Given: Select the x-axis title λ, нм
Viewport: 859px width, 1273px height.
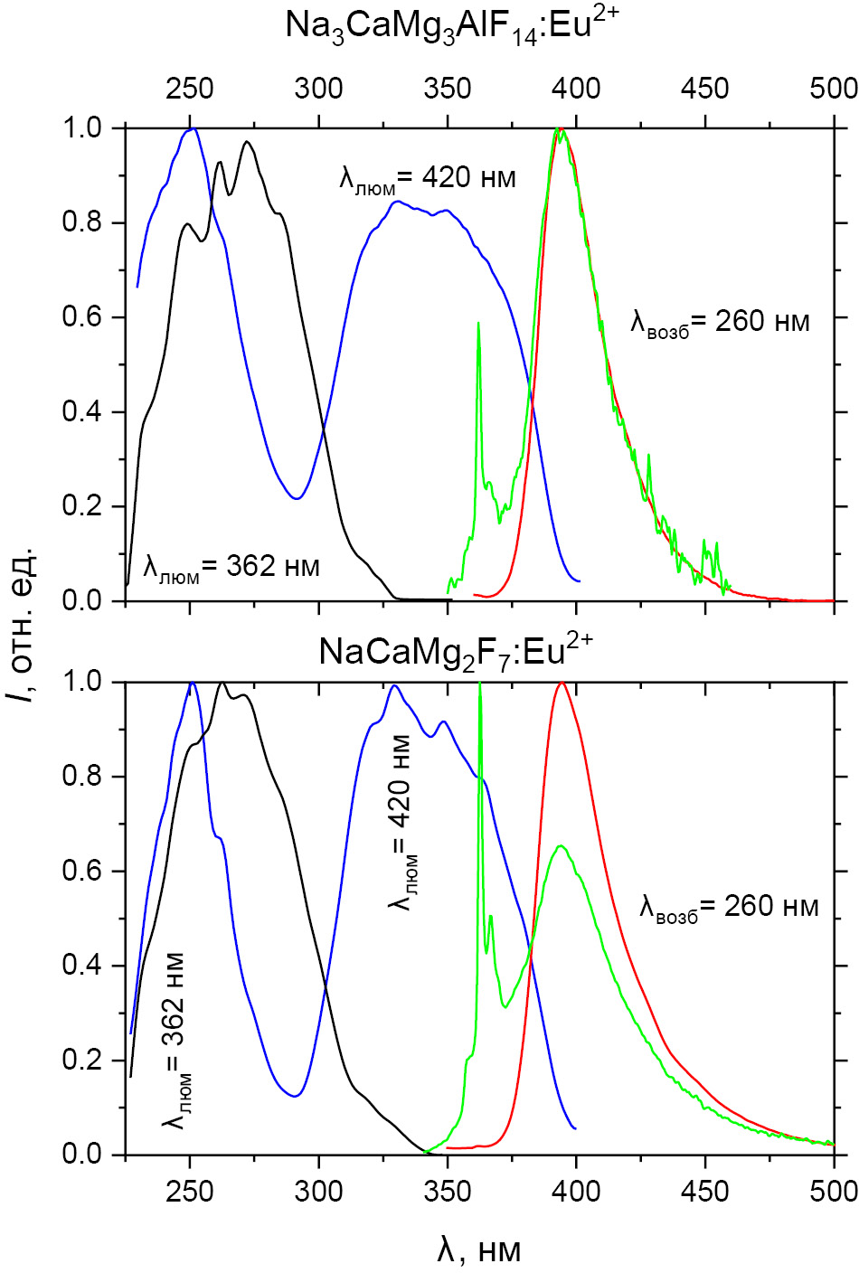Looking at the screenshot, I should tap(479, 1249).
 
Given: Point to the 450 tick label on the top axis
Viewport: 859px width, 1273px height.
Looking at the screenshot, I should tap(703, 89).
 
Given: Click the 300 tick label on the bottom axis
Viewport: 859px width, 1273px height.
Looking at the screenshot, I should tap(318, 1190).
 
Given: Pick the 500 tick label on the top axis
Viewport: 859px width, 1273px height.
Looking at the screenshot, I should tap(832, 89).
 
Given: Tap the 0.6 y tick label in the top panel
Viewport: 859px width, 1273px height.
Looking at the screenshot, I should tap(83, 317).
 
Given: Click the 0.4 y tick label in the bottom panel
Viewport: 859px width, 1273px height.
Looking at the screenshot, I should tap(83, 966).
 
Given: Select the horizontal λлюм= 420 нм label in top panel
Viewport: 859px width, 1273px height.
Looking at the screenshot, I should tap(427, 178).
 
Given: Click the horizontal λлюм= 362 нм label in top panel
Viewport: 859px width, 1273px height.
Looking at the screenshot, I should tap(231, 568).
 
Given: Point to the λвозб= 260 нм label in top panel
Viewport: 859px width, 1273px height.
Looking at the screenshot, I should tap(719, 322).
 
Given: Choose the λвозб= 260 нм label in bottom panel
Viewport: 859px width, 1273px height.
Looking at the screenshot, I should tap(728, 907).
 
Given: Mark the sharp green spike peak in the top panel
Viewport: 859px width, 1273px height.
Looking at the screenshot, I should tap(478, 323).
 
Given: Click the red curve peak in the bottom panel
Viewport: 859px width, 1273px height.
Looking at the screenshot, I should tap(562, 683).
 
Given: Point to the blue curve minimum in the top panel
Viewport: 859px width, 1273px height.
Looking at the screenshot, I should tap(297, 497).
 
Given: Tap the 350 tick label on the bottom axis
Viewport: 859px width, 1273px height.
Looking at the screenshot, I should tap(448, 1190).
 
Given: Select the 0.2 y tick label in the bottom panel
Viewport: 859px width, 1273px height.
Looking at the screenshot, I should tap(83, 1061).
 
